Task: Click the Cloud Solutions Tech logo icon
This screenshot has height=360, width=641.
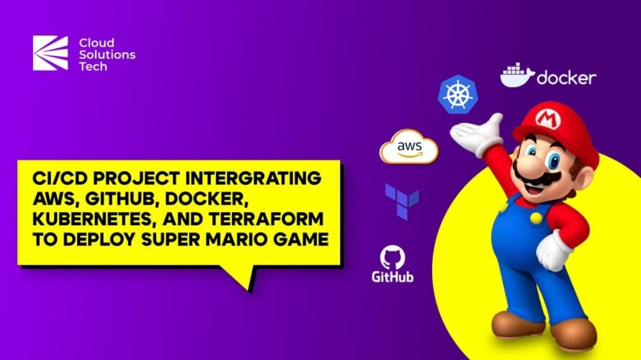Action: coord(50,53)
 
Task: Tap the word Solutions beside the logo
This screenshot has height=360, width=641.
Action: coord(107,54)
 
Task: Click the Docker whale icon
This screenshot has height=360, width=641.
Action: coord(517,75)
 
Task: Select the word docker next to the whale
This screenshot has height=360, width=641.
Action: coord(566,77)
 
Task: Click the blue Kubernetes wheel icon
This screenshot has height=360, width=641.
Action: coord(458,94)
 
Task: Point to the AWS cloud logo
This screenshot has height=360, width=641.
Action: coord(409,146)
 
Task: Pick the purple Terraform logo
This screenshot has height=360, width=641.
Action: coord(402,202)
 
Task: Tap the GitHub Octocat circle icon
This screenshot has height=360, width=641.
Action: coord(393,258)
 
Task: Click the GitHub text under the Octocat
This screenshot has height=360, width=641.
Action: coord(393,276)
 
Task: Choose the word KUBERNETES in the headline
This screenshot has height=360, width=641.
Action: coord(95,220)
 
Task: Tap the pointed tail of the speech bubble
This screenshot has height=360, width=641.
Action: coord(249,291)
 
